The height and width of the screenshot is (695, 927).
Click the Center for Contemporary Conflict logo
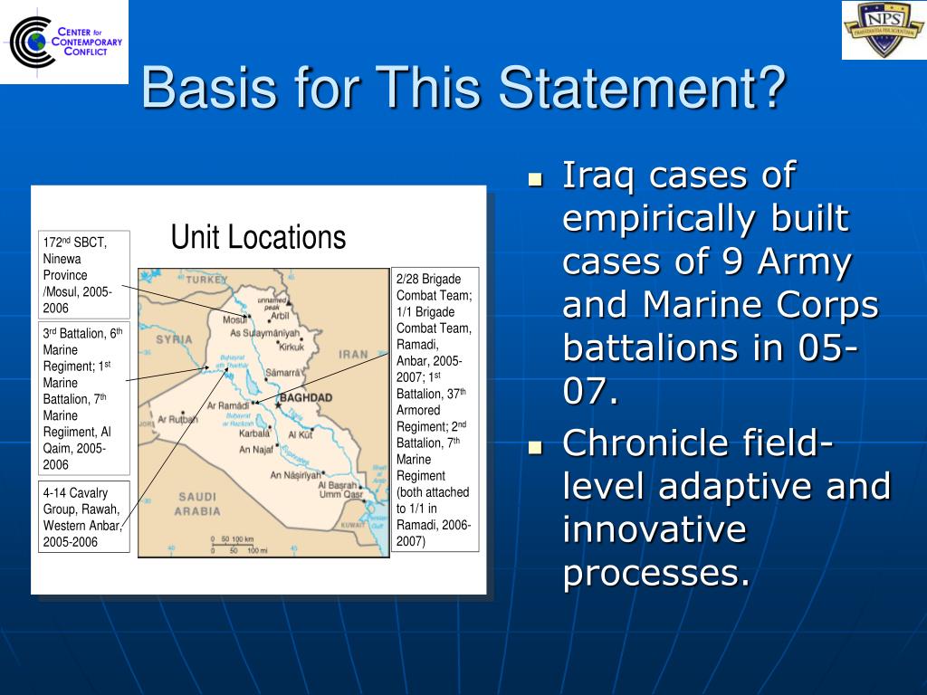[65, 42]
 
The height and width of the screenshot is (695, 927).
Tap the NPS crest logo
[883, 30]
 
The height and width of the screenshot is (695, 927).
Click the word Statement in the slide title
[643, 90]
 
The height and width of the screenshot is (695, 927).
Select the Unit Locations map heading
[258, 237]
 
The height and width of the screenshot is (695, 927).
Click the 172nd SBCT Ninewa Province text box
[83, 274]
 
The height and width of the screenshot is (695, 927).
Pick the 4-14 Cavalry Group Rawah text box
[83, 517]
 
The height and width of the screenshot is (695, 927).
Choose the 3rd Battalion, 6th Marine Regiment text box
[83, 397]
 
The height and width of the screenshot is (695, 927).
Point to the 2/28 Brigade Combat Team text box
[435, 409]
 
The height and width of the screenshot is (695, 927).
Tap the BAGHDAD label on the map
[305, 397]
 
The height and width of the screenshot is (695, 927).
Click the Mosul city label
[234, 319]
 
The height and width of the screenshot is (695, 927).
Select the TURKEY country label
[207, 280]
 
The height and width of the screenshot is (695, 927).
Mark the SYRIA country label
[174, 339]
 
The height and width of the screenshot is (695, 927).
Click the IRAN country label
[353, 355]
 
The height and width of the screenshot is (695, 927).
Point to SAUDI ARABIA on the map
[196, 503]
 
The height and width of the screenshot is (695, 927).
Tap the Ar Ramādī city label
[229, 405]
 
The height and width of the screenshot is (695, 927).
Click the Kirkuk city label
[291, 346]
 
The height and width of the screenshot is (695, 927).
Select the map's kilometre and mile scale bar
[238, 545]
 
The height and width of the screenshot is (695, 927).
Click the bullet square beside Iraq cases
[535, 178]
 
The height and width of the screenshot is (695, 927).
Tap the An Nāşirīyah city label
[295, 474]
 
